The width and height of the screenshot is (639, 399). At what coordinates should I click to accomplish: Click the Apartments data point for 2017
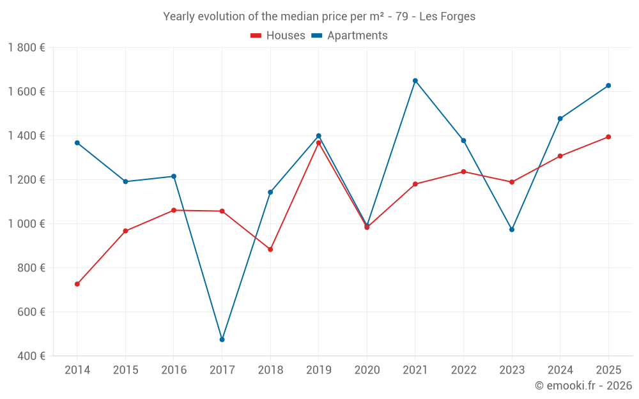pos(222,340)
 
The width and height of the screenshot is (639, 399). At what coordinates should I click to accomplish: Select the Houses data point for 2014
pos(77,284)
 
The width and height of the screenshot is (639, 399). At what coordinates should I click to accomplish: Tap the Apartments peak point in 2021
pos(415,80)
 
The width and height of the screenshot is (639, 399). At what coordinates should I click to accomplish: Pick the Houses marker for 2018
pos(270,250)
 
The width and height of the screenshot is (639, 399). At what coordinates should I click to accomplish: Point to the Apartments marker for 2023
pos(512,230)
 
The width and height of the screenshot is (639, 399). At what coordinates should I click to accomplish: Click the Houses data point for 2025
pos(608,137)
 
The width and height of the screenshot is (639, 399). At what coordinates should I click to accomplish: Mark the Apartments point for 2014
pos(77,143)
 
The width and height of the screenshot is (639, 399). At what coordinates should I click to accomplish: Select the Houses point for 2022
pos(463,172)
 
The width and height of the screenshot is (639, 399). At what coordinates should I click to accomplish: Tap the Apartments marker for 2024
pos(560,119)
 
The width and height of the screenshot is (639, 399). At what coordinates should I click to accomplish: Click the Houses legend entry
pos(278,36)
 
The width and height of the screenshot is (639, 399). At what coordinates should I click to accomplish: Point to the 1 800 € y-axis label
pos(26,48)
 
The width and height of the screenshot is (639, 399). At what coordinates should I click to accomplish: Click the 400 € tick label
pos(31,356)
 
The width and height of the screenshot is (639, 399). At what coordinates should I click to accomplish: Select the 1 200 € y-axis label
pos(26,180)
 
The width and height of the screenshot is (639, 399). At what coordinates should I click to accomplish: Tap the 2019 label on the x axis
pos(319,370)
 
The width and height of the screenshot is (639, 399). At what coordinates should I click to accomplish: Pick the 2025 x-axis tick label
pos(608,370)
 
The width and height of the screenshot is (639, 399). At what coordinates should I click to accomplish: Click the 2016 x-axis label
pos(174,370)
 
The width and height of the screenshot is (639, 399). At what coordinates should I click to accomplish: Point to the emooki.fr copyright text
pos(583,386)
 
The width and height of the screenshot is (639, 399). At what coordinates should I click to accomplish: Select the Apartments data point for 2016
pos(174,176)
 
